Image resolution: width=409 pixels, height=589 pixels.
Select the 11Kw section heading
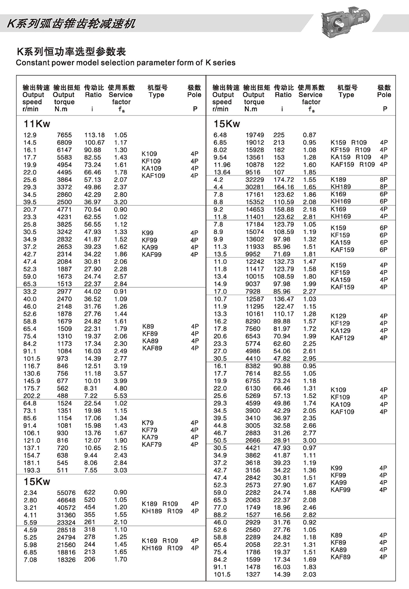point(37,124)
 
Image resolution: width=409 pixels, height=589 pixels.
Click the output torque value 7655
point(64,135)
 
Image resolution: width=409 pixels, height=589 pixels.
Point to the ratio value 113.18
point(94,135)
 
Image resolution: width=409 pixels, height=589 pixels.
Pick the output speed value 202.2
point(32,396)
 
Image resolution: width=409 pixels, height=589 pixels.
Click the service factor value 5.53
point(120,396)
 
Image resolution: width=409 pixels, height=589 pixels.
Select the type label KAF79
point(151,444)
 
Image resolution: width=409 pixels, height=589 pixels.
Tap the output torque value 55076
point(66,493)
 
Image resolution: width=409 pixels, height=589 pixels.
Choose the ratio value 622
point(90,492)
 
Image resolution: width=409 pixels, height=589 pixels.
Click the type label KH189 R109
point(162,511)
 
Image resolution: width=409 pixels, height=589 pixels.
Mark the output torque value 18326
point(66,560)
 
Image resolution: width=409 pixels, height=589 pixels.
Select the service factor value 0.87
point(309,135)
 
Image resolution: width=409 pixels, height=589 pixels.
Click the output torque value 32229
point(255,180)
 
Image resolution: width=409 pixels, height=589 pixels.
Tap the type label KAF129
point(342,338)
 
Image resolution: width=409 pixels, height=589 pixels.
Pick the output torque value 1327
point(253,574)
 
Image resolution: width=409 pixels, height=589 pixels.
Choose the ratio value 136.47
point(284,299)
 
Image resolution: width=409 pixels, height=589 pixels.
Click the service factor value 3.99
point(120,381)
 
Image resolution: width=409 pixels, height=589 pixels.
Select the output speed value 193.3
point(32,470)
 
